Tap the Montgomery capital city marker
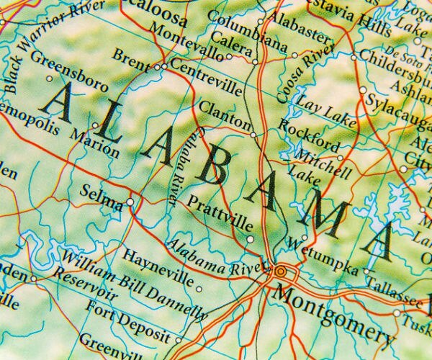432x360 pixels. [279, 272]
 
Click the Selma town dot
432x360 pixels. [130, 202]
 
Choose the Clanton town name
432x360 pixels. [225, 114]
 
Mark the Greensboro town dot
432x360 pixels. [49, 78]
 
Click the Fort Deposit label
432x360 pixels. [126, 322]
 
